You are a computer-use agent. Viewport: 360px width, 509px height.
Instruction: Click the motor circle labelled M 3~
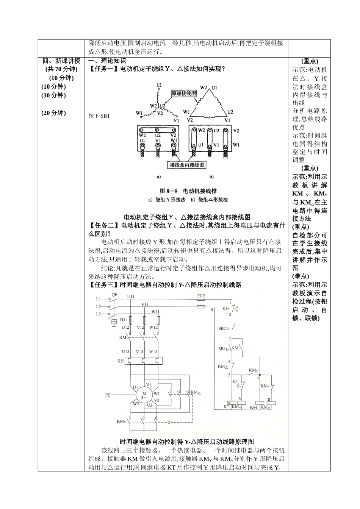[144, 395]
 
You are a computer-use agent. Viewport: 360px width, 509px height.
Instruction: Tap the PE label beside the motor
[108, 395]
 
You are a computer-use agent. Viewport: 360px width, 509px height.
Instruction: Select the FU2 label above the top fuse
[201, 295]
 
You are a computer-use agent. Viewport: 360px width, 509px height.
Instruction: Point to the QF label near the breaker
[114, 294]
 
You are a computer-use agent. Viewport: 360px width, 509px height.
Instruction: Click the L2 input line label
[98, 306]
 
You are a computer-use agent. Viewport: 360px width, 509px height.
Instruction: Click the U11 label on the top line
[131, 296]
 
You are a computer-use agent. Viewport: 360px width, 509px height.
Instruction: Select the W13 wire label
[153, 351]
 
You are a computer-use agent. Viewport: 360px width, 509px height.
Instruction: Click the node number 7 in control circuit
[258, 378]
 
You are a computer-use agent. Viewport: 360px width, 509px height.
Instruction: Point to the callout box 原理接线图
[184, 93]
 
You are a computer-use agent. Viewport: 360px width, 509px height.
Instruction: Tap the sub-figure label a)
[159, 176]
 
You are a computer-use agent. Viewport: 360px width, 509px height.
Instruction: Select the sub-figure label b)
[211, 176]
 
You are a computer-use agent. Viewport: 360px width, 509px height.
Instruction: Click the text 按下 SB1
[99, 116]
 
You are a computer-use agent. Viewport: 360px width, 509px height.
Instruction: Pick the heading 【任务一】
[103, 69]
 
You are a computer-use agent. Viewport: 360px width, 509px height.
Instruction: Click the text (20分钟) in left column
[53, 113]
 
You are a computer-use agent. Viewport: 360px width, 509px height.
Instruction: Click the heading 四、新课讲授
[61, 61]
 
